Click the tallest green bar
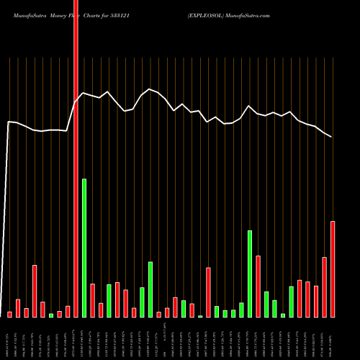point(84,248)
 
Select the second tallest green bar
point(250,274)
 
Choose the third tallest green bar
point(150,289)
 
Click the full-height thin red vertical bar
point(76,158)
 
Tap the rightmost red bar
point(333,269)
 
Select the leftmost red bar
point(9,314)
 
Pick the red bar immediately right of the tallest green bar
point(93,300)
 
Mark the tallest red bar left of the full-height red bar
point(35,291)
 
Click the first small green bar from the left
point(51,315)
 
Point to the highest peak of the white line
point(149,89)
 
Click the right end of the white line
point(332,137)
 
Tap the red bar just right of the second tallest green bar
point(258,286)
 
